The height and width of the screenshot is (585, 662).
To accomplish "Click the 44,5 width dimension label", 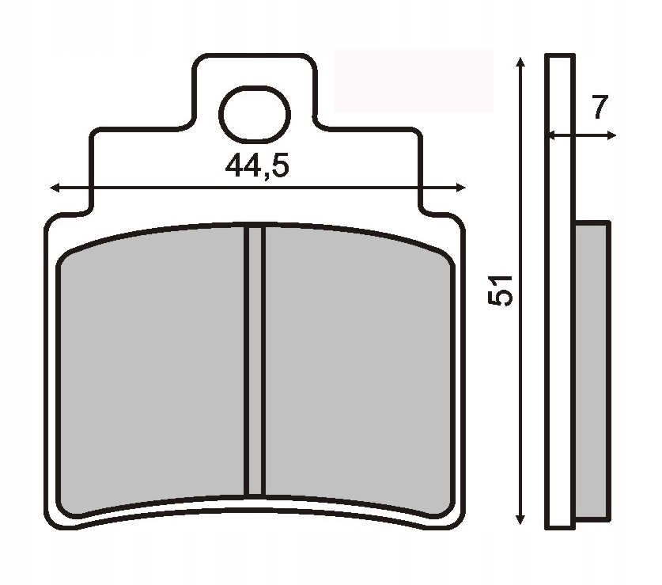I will (x=258, y=166).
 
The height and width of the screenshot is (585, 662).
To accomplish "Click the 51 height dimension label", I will (x=501, y=291).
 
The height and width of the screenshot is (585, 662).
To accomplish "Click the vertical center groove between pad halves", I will (x=254, y=360).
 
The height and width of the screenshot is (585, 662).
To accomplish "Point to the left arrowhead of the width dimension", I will (x=54, y=188).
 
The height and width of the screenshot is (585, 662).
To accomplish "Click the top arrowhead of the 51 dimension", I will (x=520, y=62).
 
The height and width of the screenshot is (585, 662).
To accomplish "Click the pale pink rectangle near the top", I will (x=414, y=80).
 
